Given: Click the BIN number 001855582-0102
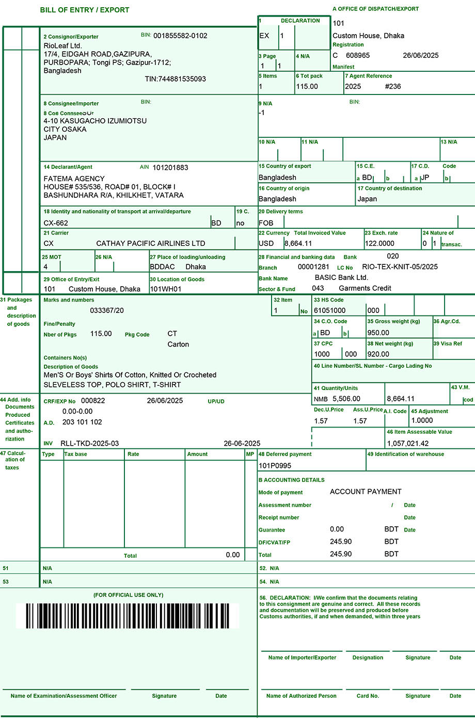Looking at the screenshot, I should pyautogui.click(x=180, y=36).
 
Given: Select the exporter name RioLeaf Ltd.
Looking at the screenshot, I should pyautogui.click(x=63, y=45).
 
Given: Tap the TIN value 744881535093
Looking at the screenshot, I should pyautogui.click(x=175, y=79).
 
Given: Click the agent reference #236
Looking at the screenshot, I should pyautogui.click(x=393, y=86).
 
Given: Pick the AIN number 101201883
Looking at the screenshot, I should pyautogui.click(x=170, y=167).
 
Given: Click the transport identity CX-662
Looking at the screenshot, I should pyautogui.click(x=56, y=223).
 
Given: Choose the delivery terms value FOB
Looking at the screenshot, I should pyautogui.click(x=266, y=223).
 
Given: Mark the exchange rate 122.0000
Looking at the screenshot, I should pyautogui.click(x=379, y=243).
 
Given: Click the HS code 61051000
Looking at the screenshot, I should pyautogui.click(x=330, y=310).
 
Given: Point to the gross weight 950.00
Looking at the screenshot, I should pyautogui.click(x=378, y=333).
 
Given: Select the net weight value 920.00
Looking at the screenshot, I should pyautogui.click(x=378, y=354).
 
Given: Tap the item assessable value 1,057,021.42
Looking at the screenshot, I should pyautogui.click(x=408, y=443).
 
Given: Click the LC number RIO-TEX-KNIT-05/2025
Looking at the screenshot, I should pyautogui.click(x=400, y=267).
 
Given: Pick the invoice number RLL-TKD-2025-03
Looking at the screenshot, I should pyautogui.click(x=90, y=443).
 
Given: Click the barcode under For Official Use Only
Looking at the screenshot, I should pyautogui.click(x=128, y=616).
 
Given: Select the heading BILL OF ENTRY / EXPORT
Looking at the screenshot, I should pyautogui.click(x=85, y=10).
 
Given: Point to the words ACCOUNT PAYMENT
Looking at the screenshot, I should pyautogui.click(x=366, y=492).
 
